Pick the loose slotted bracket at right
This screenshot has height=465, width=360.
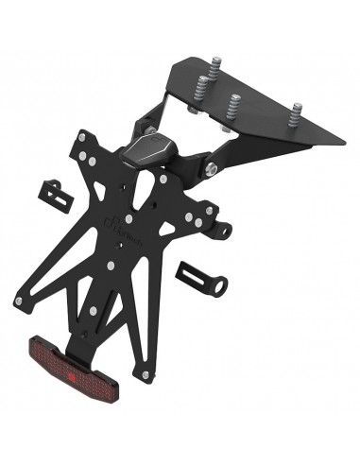click(200, 279)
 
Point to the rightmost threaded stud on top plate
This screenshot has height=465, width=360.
click(297, 115)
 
